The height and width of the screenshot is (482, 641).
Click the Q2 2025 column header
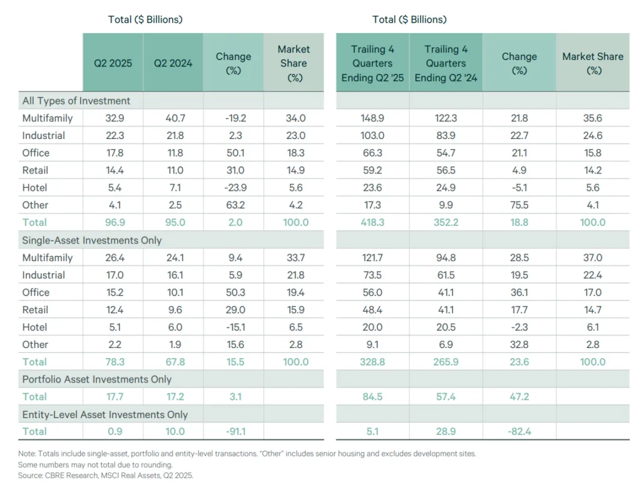(x=113, y=63)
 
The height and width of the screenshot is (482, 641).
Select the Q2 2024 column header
(x=173, y=63)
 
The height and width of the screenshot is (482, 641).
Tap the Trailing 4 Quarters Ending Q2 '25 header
(x=372, y=63)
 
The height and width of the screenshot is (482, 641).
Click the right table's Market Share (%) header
(x=592, y=63)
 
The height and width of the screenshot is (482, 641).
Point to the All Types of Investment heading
(x=76, y=101)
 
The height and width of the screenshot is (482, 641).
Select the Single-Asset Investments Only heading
(x=92, y=240)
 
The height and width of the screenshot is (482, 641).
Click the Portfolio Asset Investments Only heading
(x=96, y=379)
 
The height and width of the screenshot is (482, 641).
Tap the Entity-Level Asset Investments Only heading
(x=105, y=414)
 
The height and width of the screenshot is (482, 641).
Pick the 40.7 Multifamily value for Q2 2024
(x=173, y=118)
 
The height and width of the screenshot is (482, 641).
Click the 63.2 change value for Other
(x=233, y=205)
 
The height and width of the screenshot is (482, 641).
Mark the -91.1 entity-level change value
(x=233, y=431)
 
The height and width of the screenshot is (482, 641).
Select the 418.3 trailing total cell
(x=372, y=222)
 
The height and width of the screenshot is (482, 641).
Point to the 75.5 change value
(x=519, y=205)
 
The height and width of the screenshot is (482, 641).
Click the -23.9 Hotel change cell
(x=233, y=188)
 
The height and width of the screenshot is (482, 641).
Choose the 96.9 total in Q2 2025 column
(x=113, y=222)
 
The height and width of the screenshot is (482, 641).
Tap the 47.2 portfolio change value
(x=519, y=396)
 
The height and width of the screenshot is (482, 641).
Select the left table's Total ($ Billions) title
(x=145, y=19)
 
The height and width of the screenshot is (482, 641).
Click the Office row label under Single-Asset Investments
(x=36, y=292)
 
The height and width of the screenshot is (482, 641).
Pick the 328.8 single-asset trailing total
(x=372, y=362)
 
